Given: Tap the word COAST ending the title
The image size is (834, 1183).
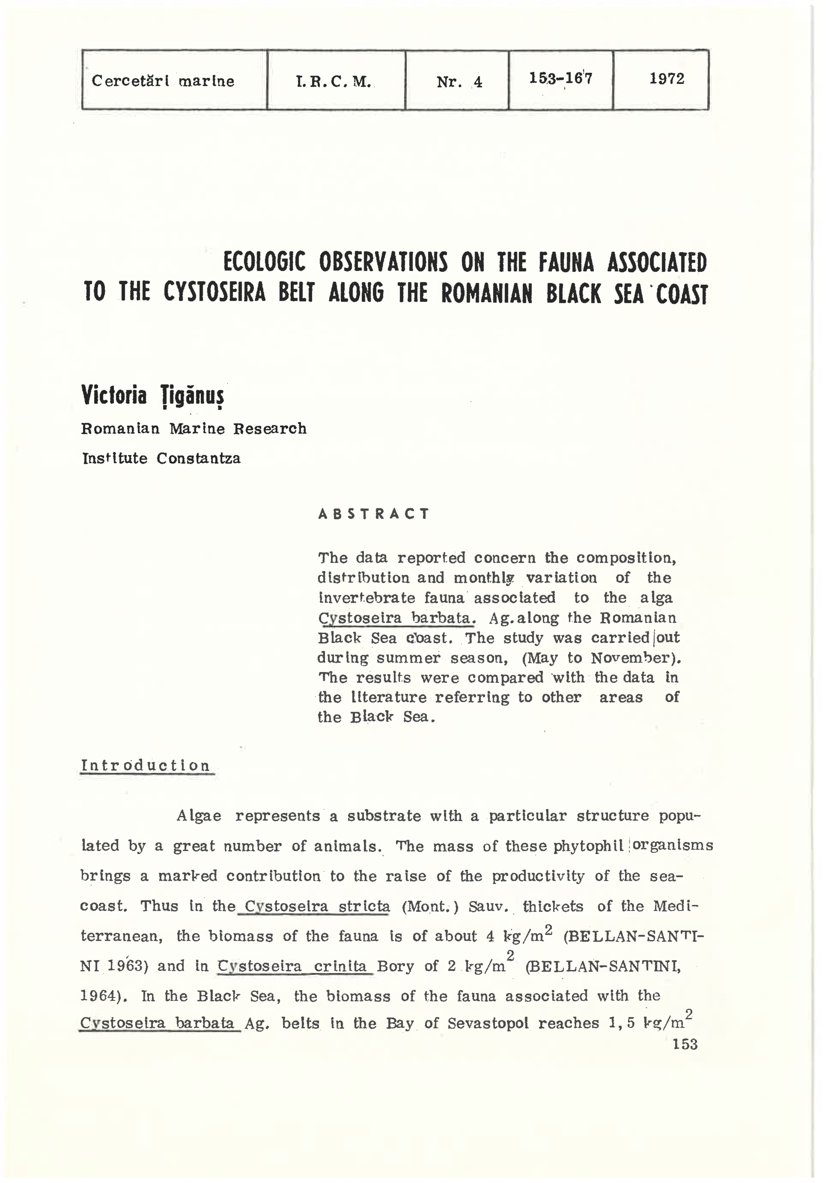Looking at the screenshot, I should (x=682, y=294).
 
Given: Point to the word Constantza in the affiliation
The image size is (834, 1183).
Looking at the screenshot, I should (x=198, y=458).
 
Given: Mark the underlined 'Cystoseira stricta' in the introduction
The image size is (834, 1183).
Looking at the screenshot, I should (x=317, y=906).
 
